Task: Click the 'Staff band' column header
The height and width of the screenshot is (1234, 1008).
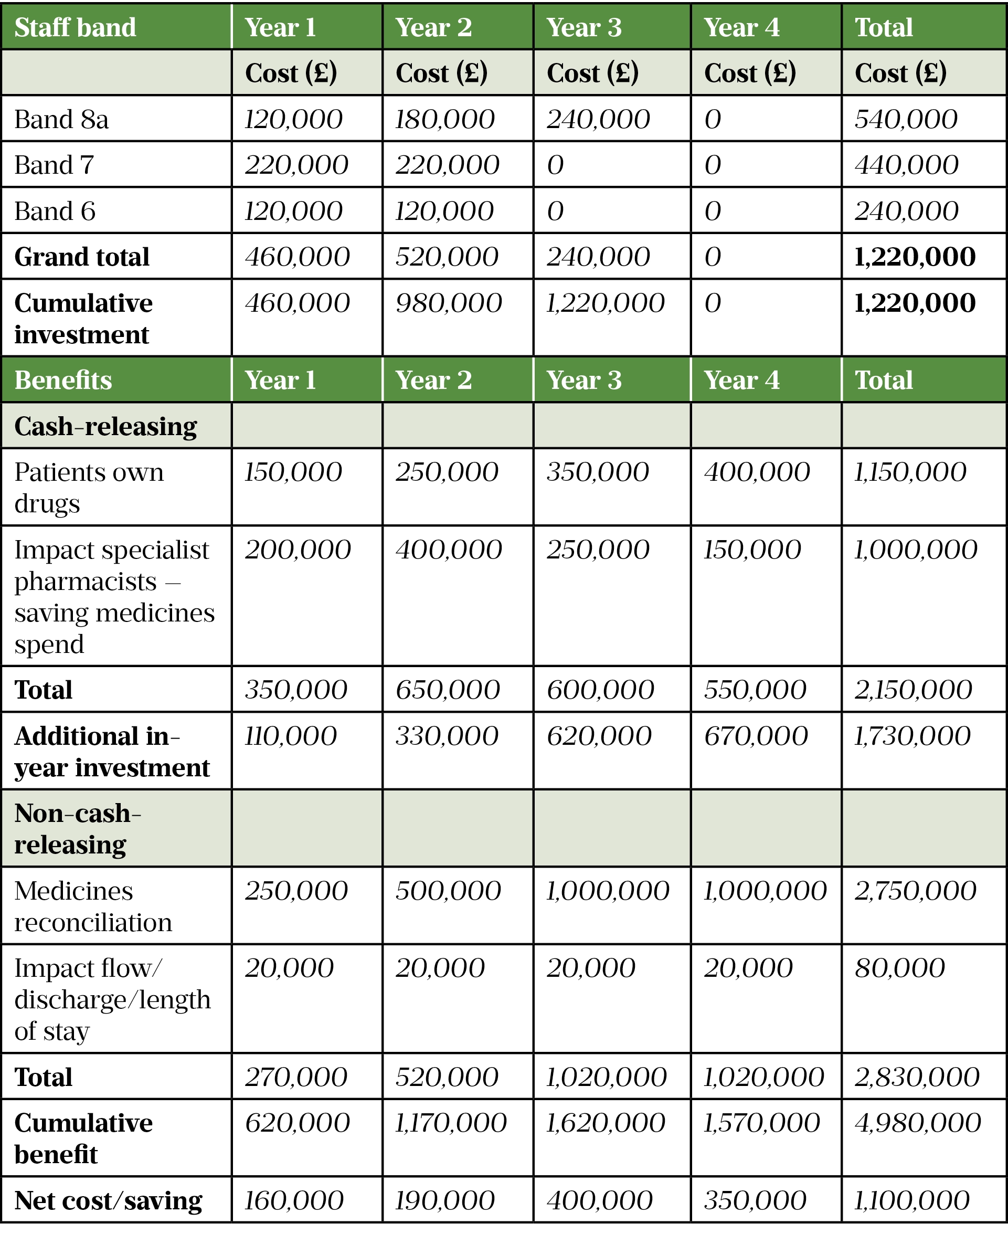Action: click(75, 27)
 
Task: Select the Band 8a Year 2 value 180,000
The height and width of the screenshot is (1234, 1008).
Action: click(444, 120)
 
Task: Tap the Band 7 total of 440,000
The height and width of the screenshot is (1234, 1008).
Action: click(906, 165)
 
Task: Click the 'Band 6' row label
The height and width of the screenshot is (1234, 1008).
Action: click(55, 212)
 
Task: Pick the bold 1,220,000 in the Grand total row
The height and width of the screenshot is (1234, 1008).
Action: click(915, 257)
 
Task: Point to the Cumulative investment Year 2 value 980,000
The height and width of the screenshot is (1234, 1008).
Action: click(448, 303)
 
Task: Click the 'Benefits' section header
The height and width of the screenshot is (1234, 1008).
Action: click(63, 381)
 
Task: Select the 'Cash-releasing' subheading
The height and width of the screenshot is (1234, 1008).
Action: click(105, 427)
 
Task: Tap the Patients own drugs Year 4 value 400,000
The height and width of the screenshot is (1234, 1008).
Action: click(757, 472)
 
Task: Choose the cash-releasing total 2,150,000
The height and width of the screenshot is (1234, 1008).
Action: click(913, 690)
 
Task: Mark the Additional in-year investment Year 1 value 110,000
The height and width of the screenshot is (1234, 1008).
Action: click(290, 736)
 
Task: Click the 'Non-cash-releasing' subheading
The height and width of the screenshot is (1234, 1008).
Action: click(77, 829)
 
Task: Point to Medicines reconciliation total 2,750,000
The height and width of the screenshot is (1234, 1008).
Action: click(915, 891)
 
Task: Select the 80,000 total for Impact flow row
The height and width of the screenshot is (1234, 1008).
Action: click(899, 968)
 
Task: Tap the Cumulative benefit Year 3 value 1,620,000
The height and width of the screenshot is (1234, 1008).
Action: click(605, 1123)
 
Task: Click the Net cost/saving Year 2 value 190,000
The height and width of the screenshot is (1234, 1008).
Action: click(444, 1201)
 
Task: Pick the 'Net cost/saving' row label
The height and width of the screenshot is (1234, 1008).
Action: click(108, 1201)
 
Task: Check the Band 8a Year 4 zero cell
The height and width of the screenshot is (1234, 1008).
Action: click(713, 120)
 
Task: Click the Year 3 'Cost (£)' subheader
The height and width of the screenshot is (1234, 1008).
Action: click(592, 73)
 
